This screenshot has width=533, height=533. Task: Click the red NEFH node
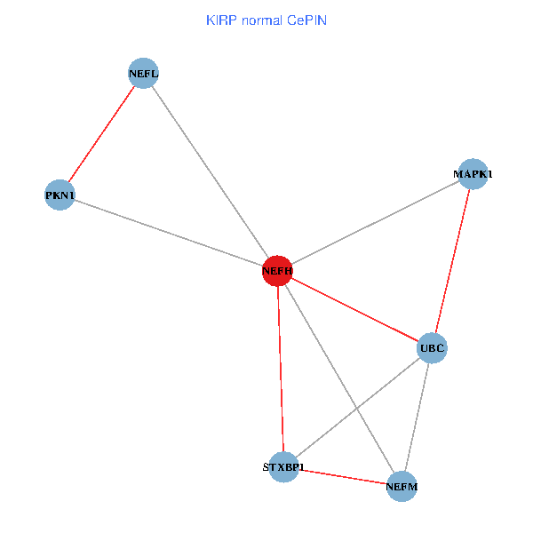click(x=277, y=270)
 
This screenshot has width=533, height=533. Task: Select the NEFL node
click(x=143, y=73)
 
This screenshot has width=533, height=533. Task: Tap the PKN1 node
click(x=60, y=195)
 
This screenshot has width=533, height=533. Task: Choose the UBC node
click(x=432, y=347)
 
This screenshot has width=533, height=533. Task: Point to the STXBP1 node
click(x=283, y=467)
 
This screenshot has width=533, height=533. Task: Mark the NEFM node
click(x=402, y=487)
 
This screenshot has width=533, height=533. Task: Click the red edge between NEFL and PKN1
click(x=102, y=133)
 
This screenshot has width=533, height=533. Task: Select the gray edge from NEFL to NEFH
click(x=210, y=171)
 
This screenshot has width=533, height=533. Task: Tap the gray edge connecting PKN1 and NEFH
click(x=169, y=233)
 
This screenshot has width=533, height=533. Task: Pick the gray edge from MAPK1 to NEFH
click(x=374, y=222)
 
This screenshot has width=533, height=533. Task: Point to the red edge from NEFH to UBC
click(x=354, y=309)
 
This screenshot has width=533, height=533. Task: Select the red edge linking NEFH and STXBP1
click(x=281, y=369)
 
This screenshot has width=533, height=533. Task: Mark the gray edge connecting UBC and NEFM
click(x=417, y=418)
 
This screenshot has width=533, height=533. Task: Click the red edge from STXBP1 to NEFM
click(x=342, y=477)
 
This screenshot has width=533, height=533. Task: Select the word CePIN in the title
click(x=306, y=20)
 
